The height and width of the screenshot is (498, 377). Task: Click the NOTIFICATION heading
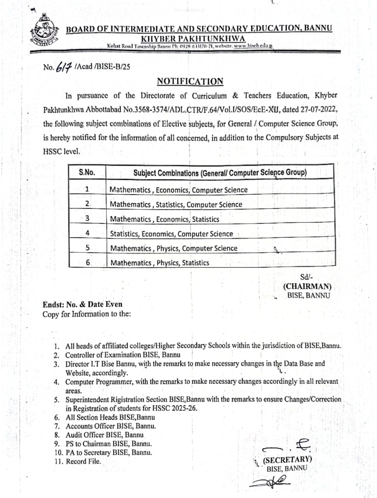point(190,81)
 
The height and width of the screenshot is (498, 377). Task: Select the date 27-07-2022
point(320,109)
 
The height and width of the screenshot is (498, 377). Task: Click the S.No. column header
point(87,173)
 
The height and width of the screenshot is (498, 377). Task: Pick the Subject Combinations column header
point(220,173)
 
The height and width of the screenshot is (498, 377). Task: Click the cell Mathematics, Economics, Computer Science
point(179,190)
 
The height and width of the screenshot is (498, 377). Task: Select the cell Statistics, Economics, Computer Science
point(171,234)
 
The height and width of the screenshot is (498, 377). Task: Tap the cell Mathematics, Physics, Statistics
point(160,263)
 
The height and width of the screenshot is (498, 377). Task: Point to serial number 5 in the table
point(87,248)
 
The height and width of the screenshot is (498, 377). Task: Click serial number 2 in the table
point(87,204)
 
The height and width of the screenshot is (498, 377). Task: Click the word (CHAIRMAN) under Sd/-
point(307,286)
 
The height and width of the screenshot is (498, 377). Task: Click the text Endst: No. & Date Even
point(82,304)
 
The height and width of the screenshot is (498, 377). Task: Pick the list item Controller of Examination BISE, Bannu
point(123,354)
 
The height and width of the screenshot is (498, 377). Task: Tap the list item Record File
point(83,461)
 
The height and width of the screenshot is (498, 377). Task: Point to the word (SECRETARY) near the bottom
point(287,460)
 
